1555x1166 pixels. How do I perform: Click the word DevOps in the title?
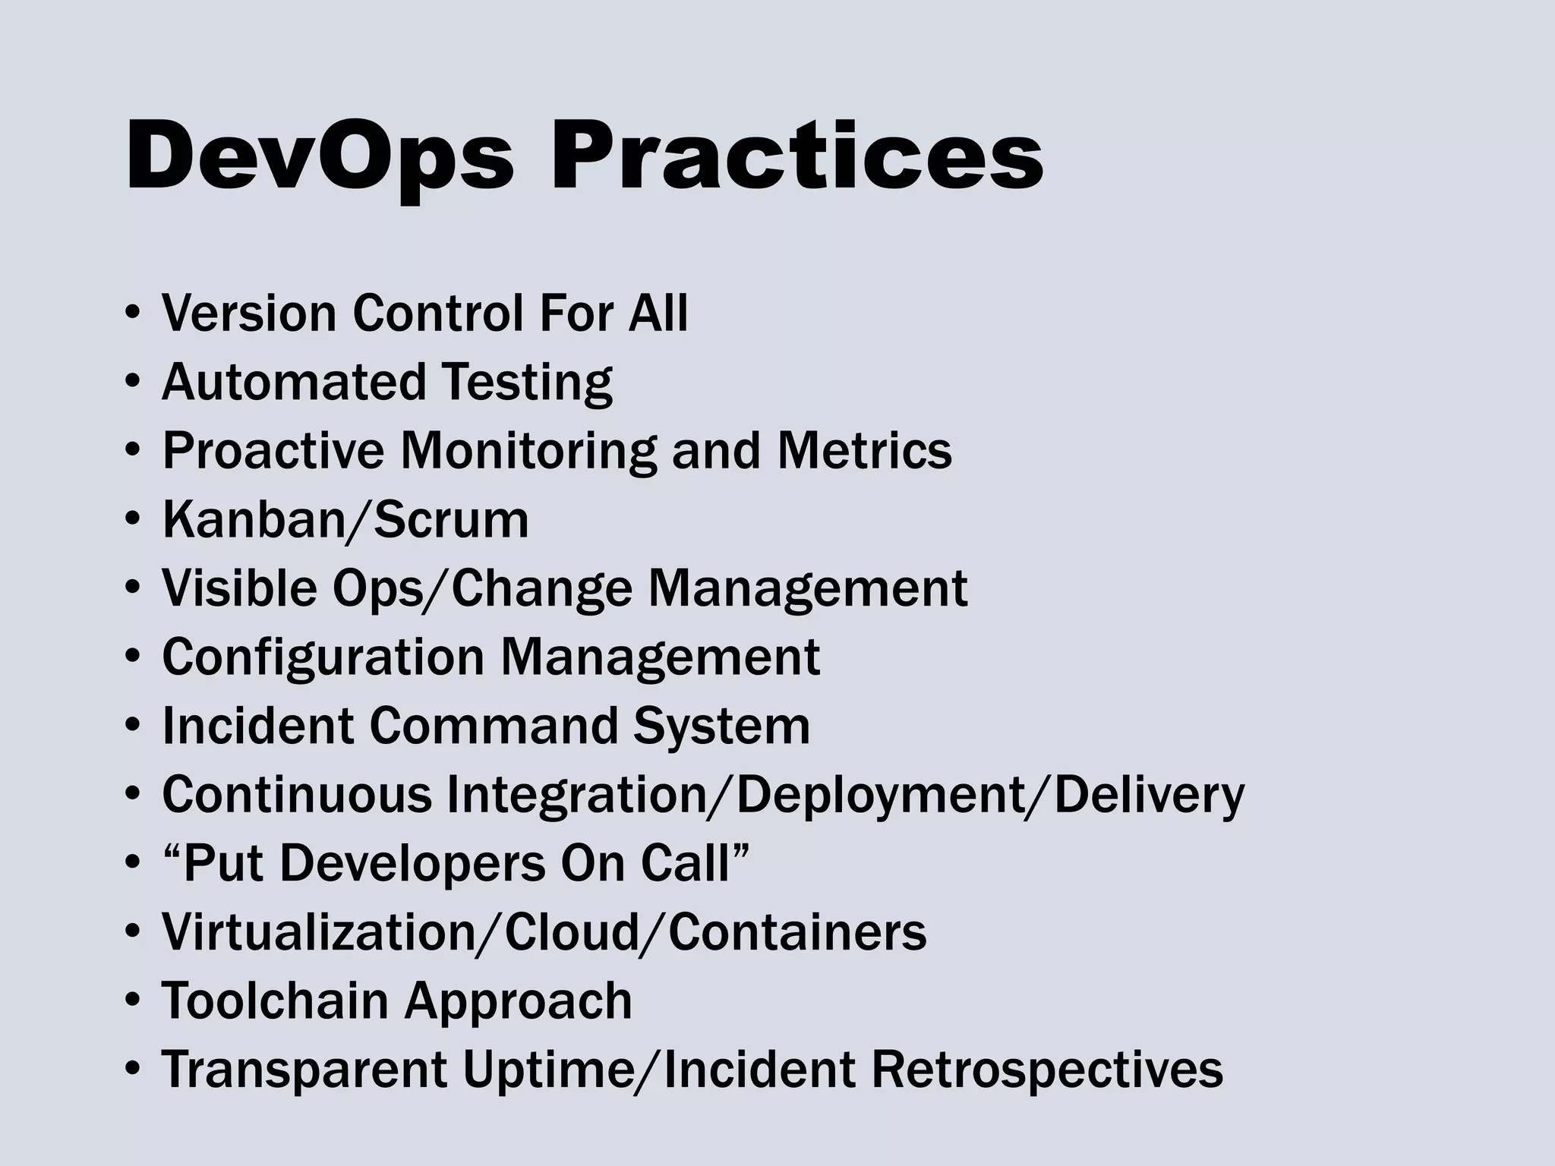(x=320, y=157)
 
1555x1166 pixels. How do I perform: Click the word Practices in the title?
(x=796, y=157)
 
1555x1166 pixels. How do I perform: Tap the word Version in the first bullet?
(x=249, y=313)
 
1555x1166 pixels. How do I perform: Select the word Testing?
(x=527, y=382)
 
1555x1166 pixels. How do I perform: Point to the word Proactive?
(x=273, y=450)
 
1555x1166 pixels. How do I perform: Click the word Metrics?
(x=864, y=450)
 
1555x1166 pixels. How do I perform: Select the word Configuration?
(x=323, y=657)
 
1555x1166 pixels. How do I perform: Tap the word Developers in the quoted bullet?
(x=413, y=863)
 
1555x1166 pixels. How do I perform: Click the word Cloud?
(x=572, y=931)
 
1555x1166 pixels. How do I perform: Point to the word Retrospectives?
(x=1047, y=1069)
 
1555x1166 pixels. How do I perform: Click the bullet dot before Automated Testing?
(x=132, y=381)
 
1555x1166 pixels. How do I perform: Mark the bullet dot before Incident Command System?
(x=132, y=726)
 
